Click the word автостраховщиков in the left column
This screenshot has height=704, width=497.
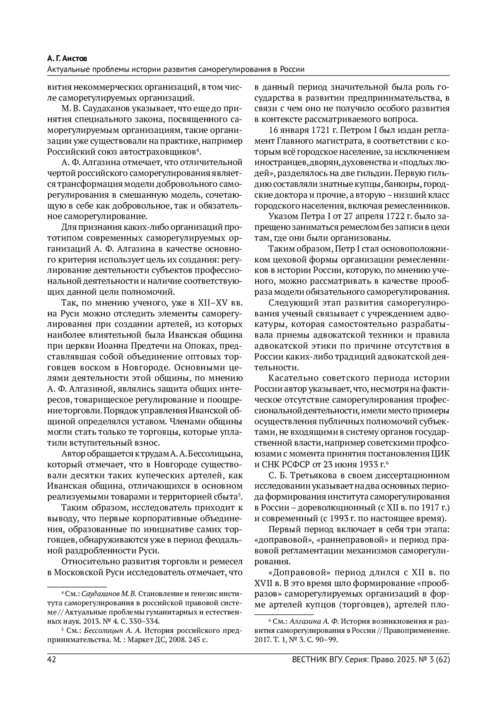pyautogui.click(x=165, y=152)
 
